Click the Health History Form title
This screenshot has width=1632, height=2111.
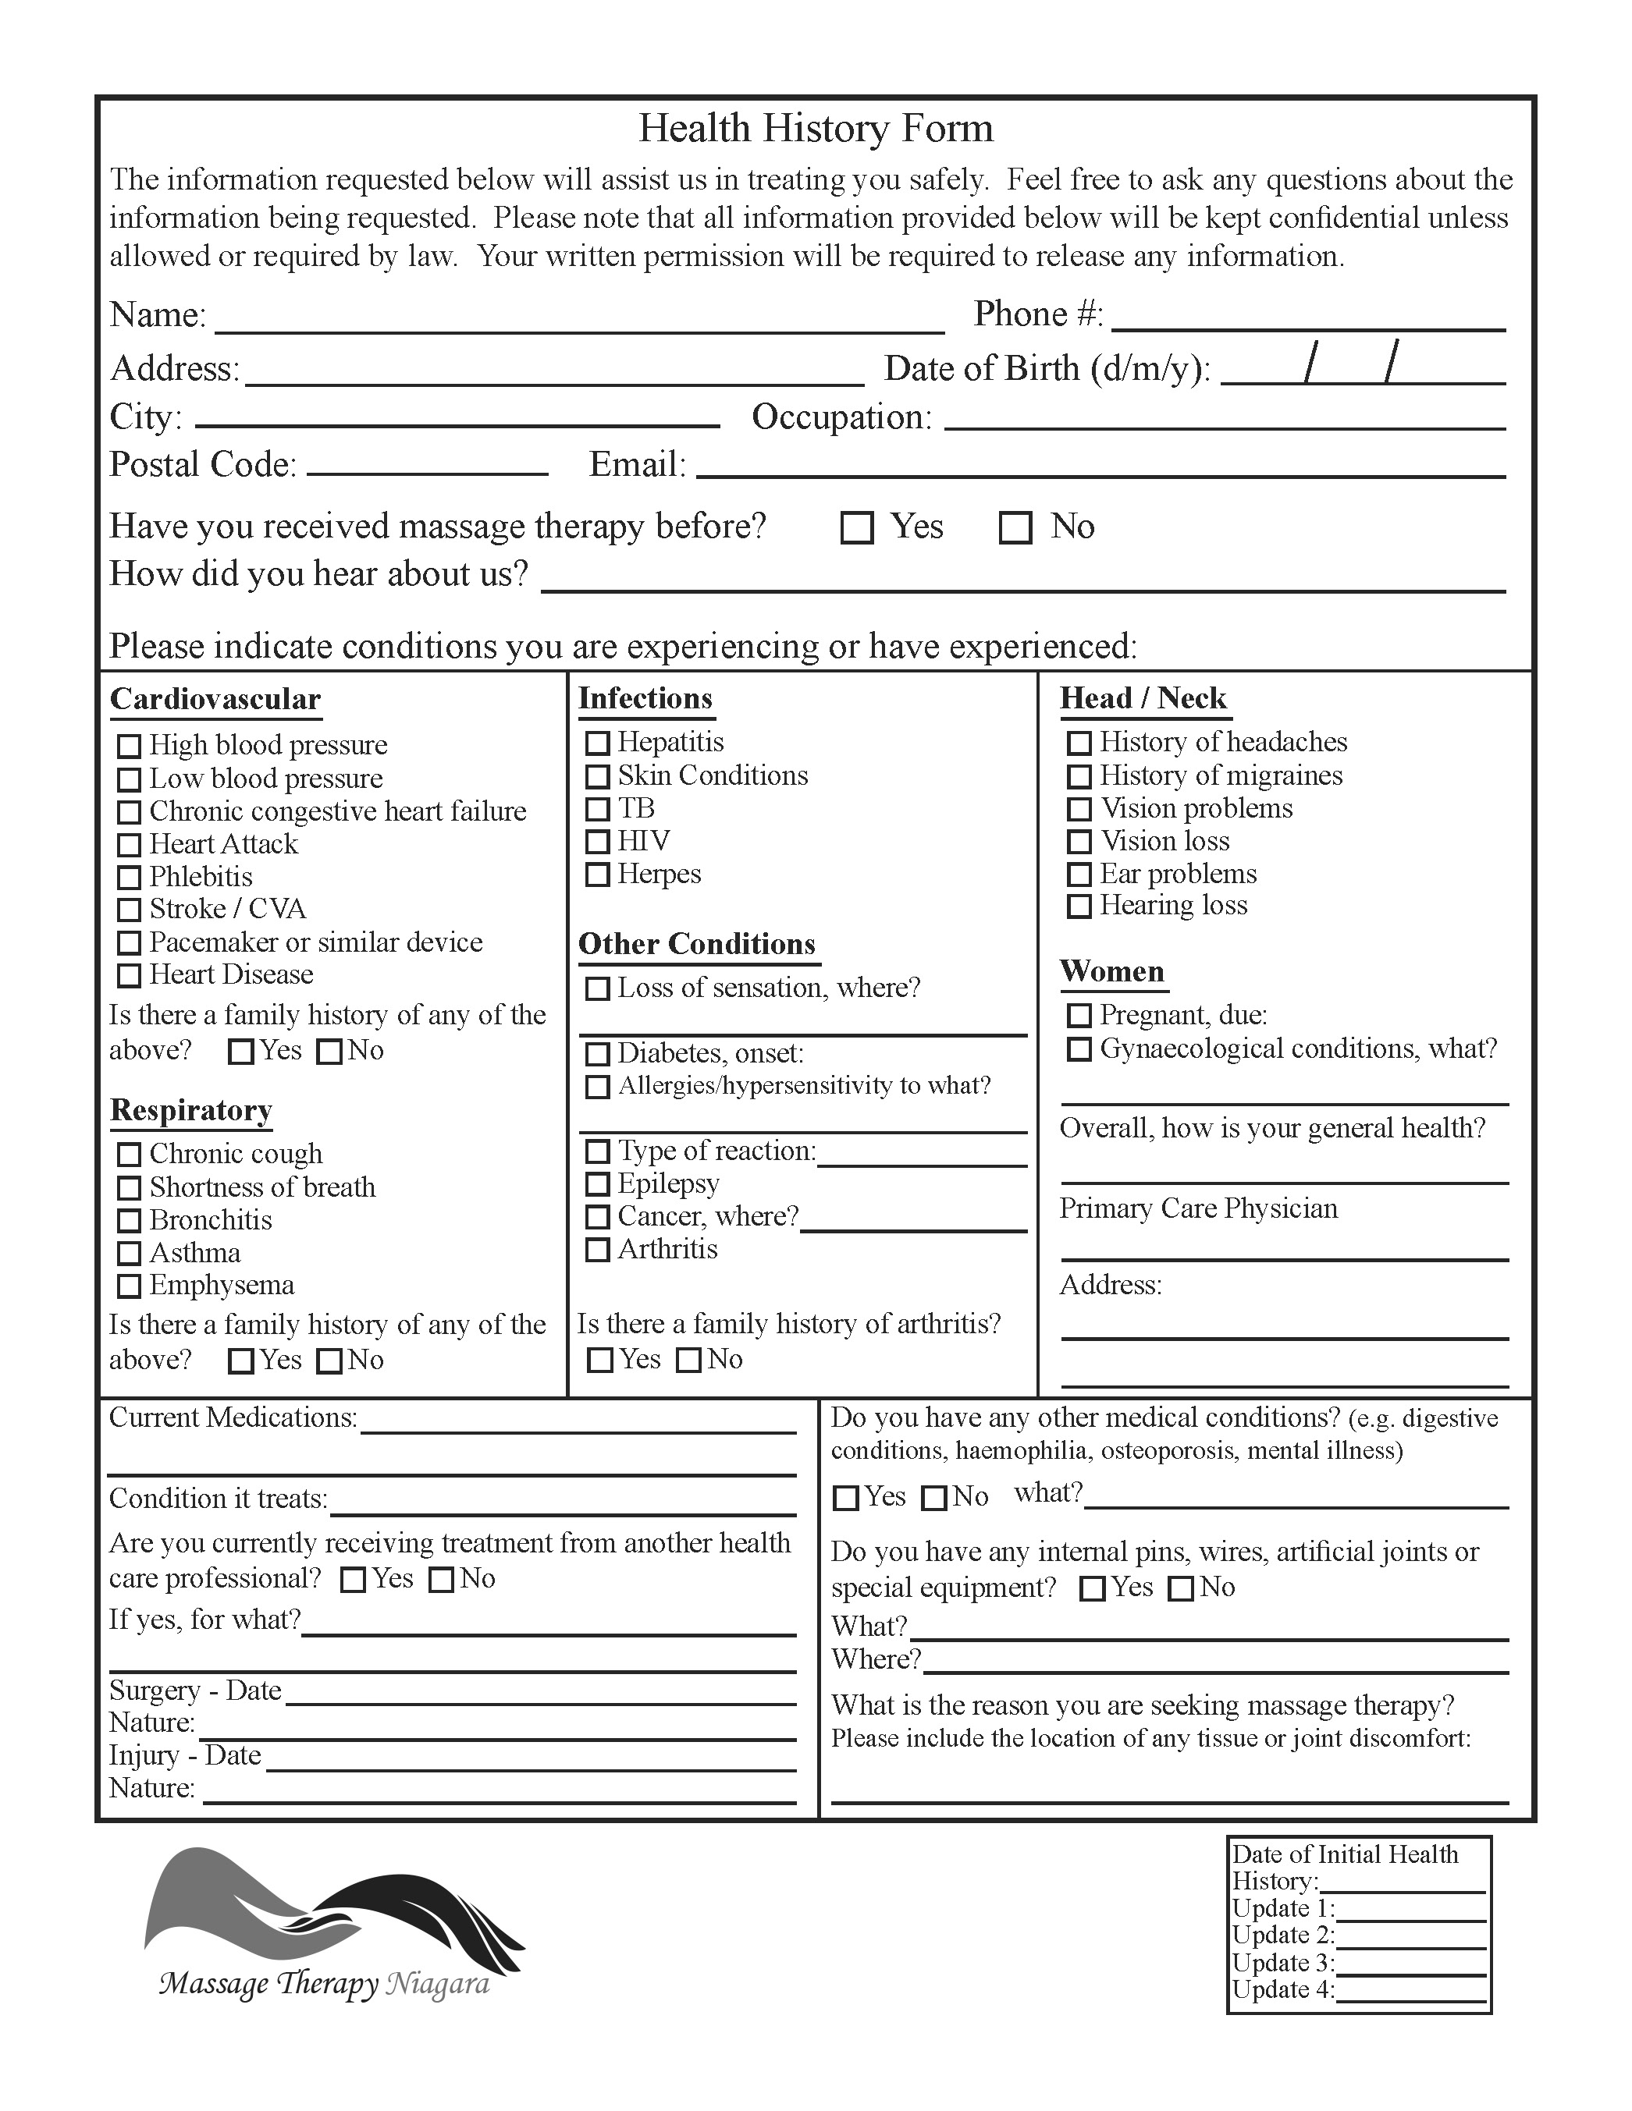click(x=815, y=129)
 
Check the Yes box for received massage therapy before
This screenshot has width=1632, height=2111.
click(x=857, y=527)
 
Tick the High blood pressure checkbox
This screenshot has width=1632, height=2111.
click(x=129, y=747)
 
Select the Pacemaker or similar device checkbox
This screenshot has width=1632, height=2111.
click(x=129, y=942)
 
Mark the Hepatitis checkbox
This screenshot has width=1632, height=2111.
click(x=598, y=743)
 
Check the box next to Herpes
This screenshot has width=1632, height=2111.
click(x=598, y=874)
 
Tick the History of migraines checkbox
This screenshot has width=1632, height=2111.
click(x=1079, y=776)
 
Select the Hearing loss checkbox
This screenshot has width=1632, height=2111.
click(x=1079, y=906)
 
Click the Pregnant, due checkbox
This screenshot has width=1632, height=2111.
click(x=1079, y=1015)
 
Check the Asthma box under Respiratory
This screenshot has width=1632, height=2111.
click(x=129, y=1254)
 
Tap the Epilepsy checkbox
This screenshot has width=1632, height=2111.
click(x=598, y=1184)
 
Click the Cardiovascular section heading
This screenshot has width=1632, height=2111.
click(x=215, y=699)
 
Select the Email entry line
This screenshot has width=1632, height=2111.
click(x=1100, y=468)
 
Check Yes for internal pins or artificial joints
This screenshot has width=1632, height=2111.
click(x=1092, y=1588)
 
